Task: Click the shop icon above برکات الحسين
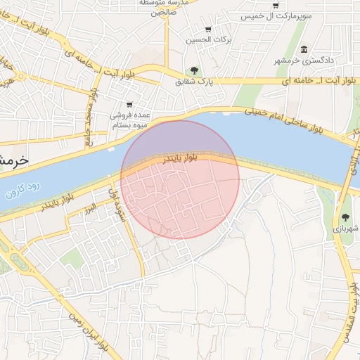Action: click(208, 30)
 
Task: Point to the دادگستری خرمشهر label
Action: click(303, 60)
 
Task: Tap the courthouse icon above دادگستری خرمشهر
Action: click(304, 49)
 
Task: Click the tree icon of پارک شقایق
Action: click(194, 70)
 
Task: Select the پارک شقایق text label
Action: click(194, 82)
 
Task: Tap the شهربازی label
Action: click(346, 229)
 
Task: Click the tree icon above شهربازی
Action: click(346, 217)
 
